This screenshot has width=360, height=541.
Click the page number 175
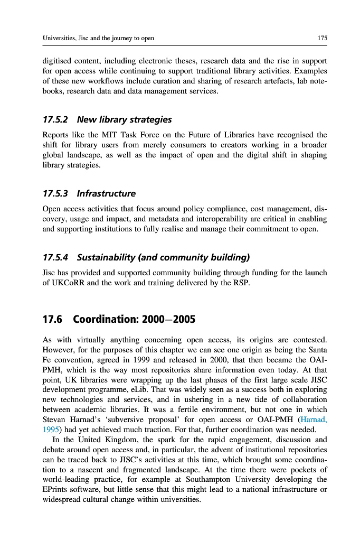coord(322,38)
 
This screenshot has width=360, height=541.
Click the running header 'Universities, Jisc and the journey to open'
coord(98,38)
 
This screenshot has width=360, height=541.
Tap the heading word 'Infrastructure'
coord(106,193)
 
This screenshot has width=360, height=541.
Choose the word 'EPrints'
coord(55,489)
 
